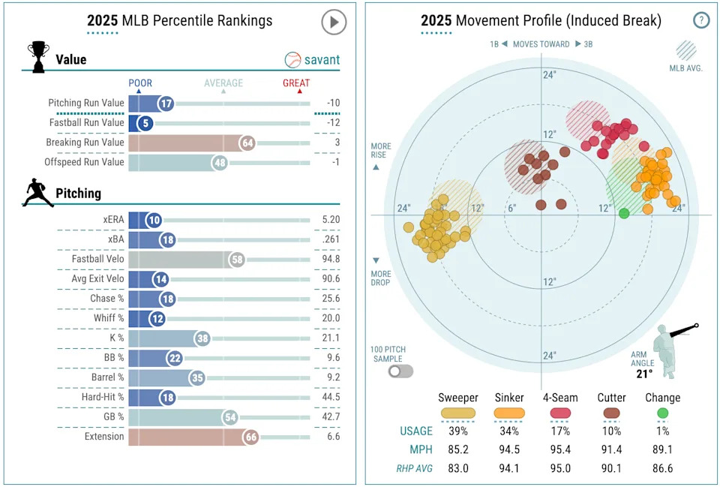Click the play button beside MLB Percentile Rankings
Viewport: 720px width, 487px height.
click(x=334, y=22)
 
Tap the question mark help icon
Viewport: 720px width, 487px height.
click(x=700, y=20)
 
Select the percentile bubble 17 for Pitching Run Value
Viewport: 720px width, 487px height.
click(x=165, y=103)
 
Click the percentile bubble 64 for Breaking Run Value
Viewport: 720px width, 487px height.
click(x=247, y=143)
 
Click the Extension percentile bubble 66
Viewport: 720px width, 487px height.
click(x=250, y=437)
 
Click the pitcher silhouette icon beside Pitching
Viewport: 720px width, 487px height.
click(x=37, y=193)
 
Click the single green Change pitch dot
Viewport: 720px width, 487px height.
click(x=624, y=214)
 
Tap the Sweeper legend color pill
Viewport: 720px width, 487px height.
click(x=457, y=413)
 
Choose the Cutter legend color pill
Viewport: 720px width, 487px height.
click(x=612, y=413)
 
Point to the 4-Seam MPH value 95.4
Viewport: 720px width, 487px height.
click(x=560, y=450)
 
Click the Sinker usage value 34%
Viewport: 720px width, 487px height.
click(x=509, y=431)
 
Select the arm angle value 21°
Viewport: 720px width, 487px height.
click(x=644, y=373)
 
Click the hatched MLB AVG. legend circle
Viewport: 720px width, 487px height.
click(x=685, y=50)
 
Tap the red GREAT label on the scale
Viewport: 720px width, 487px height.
click(x=296, y=83)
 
